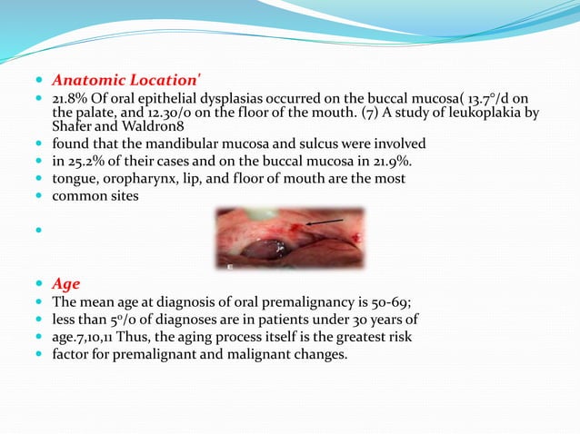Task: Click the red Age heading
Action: coord(66,284)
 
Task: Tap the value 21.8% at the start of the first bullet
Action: coord(67,98)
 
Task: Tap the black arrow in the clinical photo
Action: coord(327,221)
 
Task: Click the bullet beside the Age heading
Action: coord(41,285)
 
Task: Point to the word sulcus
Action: coord(268,144)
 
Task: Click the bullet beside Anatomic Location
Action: coord(41,80)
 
